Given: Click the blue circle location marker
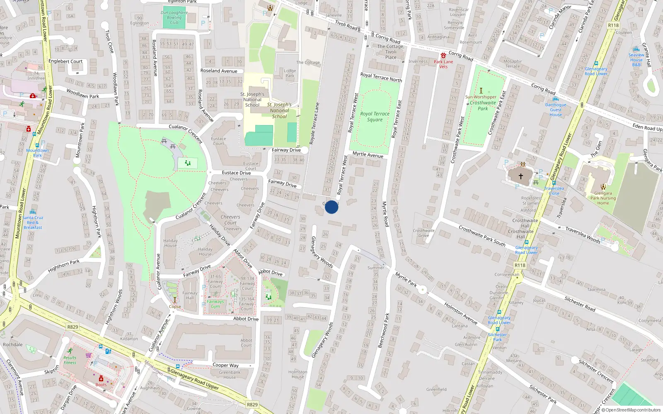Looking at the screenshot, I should pyautogui.click(x=331, y=207).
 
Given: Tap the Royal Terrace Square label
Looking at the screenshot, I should pyautogui.click(x=375, y=117).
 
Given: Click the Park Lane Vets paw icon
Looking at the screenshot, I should pyautogui.click(x=443, y=55).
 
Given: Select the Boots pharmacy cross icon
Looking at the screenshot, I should pyautogui.click(x=101, y=378).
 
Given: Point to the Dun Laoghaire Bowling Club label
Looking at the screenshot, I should pyautogui.click(x=174, y=17).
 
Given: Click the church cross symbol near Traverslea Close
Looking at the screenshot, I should pyautogui.click(x=521, y=176).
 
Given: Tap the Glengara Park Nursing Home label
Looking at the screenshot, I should pyautogui.click(x=603, y=198).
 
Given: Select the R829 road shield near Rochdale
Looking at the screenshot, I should pyautogui.click(x=73, y=327).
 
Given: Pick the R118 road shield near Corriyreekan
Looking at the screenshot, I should pyautogui.click(x=520, y=265).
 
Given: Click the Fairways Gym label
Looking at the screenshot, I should pyautogui.click(x=215, y=304).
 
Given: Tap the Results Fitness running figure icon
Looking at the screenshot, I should pyautogui.click(x=70, y=351).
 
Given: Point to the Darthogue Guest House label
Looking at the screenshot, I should pyautogui.click(x=556, y=110).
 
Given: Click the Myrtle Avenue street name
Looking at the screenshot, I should pyautogui.click(x=368, y=155).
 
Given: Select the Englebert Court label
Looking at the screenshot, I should pyautogui.click(x=65, y=61).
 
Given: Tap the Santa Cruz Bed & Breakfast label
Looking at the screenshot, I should pyautogui.click(x=33, y=222).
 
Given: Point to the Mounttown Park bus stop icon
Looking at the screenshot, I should pyautogui.click(x=37, y=145).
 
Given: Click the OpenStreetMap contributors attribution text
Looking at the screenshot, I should pyautogui.click(x=633, y=410).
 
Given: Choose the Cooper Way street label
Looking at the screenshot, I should pyautogui.click(x=225, y=365).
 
